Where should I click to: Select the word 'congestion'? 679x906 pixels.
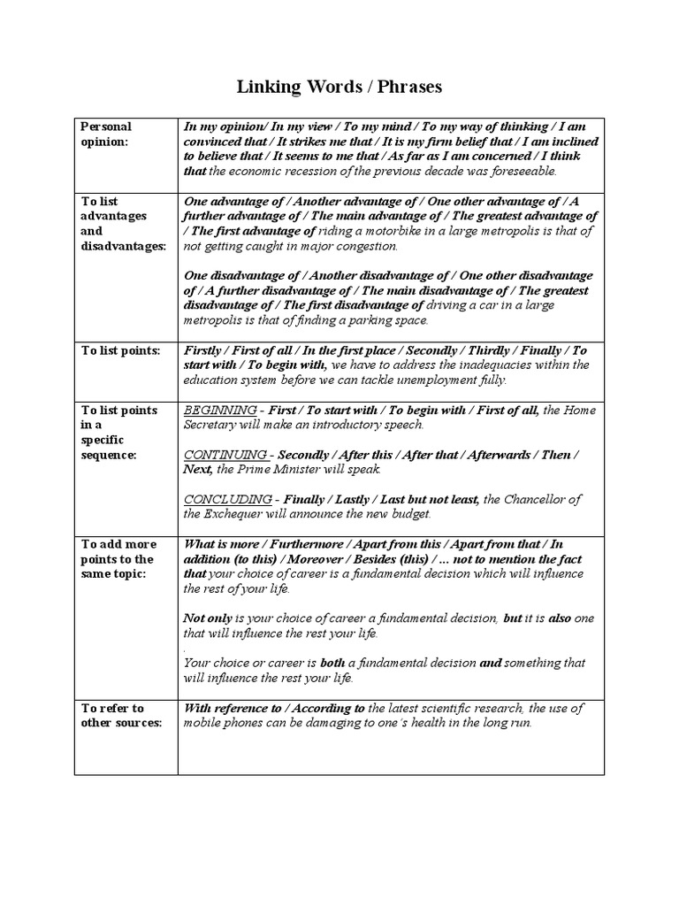coord(368,246)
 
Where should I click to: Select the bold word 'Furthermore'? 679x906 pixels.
coord(303,544)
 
